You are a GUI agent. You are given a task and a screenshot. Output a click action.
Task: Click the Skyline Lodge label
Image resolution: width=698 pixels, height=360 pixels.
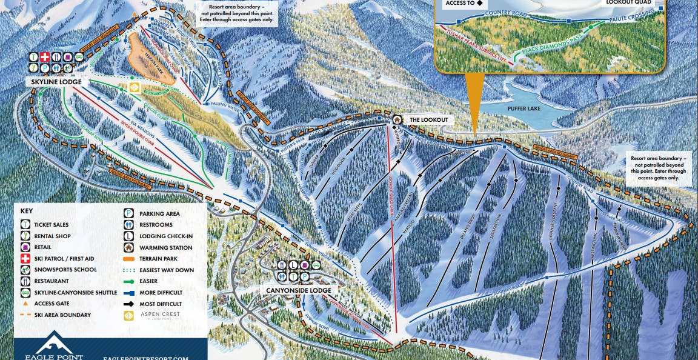[54, 82]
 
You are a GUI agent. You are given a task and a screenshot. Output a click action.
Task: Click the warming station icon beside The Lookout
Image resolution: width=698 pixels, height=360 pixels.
[397, 119]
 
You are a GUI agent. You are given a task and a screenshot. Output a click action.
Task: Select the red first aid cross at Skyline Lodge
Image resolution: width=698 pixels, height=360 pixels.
[44, 57]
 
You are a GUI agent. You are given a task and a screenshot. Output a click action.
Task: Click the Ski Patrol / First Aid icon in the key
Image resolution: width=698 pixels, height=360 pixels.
[25, 259]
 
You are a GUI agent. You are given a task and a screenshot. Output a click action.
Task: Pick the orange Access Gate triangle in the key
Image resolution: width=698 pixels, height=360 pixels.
[25, 304]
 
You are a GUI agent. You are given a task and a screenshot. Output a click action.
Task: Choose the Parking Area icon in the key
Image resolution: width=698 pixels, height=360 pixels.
[129, 213]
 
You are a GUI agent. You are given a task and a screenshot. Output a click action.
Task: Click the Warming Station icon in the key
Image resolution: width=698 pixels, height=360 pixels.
[129, 247]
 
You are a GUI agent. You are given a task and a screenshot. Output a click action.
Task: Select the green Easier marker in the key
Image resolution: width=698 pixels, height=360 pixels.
[130, 281]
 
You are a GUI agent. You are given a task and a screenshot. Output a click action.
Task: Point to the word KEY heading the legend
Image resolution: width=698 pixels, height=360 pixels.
[27, 211]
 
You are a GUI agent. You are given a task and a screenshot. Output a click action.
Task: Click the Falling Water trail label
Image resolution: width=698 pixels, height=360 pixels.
[222, 104]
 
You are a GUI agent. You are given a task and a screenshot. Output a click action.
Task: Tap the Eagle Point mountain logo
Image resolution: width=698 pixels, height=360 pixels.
[54, 344]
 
